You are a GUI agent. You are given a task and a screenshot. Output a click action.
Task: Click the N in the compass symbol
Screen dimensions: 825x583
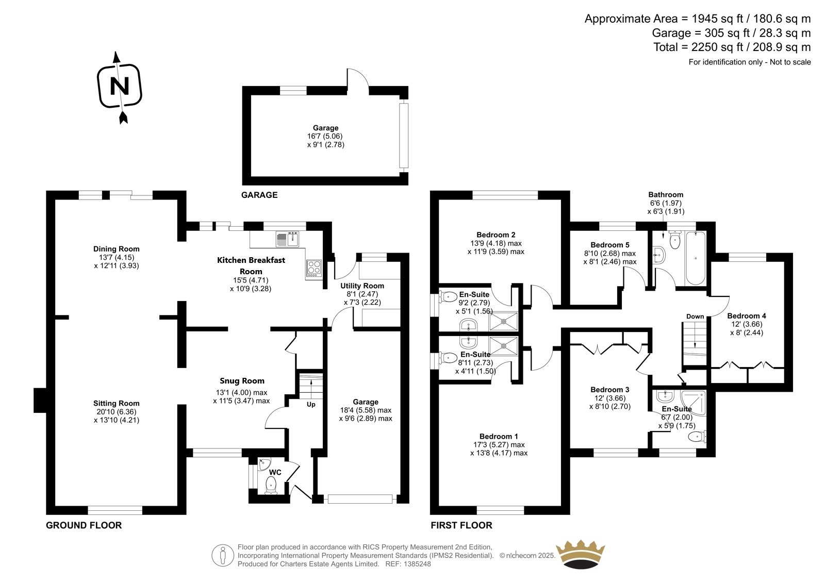pyautogui.click(x=120, y=87)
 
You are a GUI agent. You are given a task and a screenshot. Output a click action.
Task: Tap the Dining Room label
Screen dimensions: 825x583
pyautogui.click(x=117, y=249)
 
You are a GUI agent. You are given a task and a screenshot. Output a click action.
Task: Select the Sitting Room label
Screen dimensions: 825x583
pyautogui.click(x=117, y=403)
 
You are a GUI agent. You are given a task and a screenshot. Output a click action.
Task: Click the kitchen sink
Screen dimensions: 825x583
pyautogui.click(x=287, y=239)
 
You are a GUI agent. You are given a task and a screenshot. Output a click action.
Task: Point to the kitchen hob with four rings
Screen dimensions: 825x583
pyautogui.click(x=314, y=268)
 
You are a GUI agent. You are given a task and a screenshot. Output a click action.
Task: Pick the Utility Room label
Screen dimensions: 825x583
pyautogui.click(x=362, y=286)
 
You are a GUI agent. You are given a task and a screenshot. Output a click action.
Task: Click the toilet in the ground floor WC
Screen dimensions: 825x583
pyautogui.click(x=271, y=486)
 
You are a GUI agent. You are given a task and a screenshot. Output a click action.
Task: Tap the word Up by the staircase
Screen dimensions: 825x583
pyautogui.click(x=311, y=404)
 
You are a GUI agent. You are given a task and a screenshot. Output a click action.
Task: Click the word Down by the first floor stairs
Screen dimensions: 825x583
pyautogui.click(x=695, y=317)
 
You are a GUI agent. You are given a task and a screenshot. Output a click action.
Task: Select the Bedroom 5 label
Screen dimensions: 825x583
pyautogui.click(x=610, y=245)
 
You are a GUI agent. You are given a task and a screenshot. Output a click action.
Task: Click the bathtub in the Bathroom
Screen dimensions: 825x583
pyautogui.click(x=696, y=258)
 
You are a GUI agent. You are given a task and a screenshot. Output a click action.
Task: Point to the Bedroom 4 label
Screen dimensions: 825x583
pyautogui.click(x=747, y=316)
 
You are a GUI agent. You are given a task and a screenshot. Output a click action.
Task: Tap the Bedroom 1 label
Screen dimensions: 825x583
pyautogui.click(x=499, y=437)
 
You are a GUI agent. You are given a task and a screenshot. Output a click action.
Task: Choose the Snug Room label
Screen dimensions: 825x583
pyautogui.click(x=242, y=381)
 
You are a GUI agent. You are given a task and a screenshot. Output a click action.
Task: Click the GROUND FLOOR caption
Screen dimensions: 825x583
pyautogui.click(x=84, y=525)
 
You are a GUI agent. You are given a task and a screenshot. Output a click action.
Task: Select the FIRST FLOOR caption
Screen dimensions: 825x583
pyautogui.click(x=461, y=525)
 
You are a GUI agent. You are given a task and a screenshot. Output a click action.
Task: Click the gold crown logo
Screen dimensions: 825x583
pyautogui.click(x=581, y=555)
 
